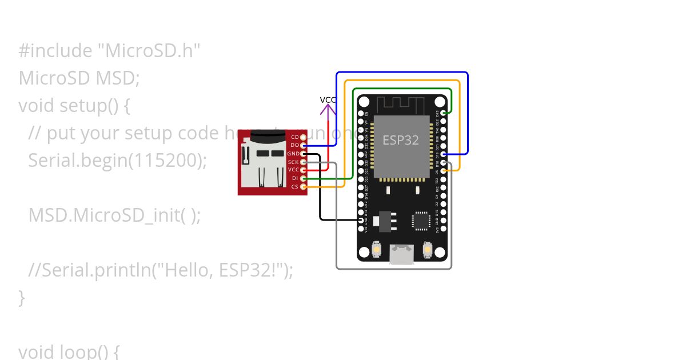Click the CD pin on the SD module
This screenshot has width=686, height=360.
tap(304, 137)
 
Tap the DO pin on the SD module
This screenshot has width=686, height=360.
tap(304, 145)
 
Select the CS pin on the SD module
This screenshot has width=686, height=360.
tap(304, 187)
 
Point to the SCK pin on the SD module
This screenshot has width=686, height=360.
tap(304, 162)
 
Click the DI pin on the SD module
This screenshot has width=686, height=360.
tap(304, 178)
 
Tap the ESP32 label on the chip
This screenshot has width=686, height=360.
tap(401, 140)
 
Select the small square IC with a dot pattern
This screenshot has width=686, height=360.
tap(421, 221)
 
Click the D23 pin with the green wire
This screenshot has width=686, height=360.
tap(444, 113)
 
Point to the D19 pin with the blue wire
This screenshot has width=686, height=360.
tap(444, 154)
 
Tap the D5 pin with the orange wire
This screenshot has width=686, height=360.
tap(444, 171)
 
